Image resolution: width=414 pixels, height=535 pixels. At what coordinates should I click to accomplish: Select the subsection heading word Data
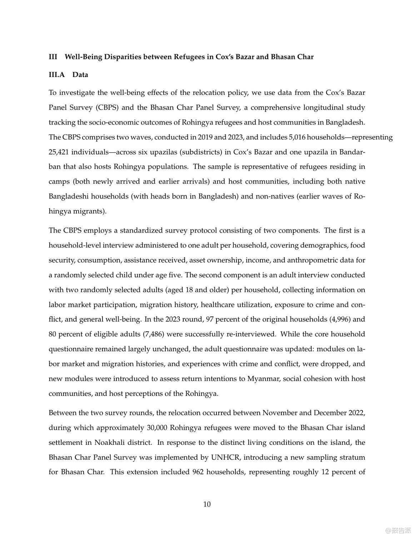click(80, 75)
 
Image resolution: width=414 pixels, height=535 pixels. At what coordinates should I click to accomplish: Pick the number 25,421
click(58, 152)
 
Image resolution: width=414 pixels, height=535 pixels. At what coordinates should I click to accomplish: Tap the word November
click(279, 413)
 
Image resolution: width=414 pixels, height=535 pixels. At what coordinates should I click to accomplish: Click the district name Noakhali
click(109, 443)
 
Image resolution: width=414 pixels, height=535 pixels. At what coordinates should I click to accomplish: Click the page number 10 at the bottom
click(207, 504)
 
